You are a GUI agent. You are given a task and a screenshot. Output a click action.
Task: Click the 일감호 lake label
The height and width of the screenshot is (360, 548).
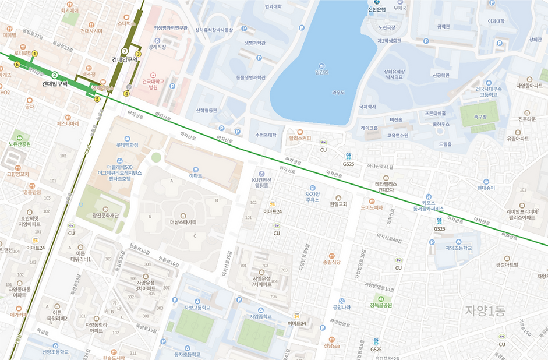(321, 72)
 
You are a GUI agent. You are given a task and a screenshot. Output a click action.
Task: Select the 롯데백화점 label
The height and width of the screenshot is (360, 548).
(126, 144)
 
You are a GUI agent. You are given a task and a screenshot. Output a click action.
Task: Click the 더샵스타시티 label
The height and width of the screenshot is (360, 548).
(183, 222)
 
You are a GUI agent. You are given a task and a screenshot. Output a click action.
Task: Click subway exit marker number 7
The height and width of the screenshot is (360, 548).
(124, 51)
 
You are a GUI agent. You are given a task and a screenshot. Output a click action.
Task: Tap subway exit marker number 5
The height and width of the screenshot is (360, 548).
(97, 99)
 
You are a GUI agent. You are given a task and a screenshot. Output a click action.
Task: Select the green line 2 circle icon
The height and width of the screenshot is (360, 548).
(54, 75)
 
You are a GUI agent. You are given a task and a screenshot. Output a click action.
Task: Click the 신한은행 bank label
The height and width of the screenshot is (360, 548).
(377, 9)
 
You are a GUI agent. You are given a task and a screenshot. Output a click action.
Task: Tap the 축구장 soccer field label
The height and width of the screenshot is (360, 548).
(480, 117)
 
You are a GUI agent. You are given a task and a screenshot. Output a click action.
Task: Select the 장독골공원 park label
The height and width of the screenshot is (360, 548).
(381, 305)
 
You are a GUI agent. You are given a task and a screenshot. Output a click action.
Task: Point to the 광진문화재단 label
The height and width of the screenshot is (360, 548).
(105, 215)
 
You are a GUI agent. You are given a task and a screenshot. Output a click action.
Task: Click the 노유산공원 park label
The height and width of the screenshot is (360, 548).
(19, 144)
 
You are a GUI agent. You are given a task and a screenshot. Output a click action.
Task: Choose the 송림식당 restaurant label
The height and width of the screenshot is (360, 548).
(331, 262)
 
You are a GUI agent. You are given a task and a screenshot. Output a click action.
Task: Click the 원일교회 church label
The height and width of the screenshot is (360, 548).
(338, 204)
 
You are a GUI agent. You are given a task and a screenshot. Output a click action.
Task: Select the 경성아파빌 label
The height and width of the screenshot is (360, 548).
(507, 264)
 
